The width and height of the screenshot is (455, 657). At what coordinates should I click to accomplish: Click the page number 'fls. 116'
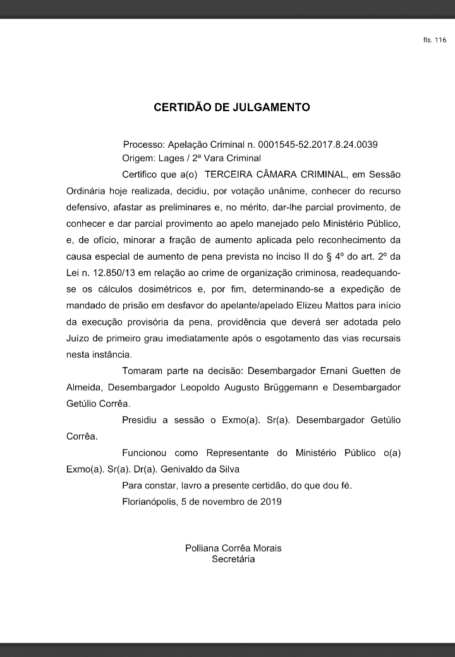point(435,40)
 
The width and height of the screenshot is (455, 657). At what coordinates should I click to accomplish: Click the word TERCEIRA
point(232,173)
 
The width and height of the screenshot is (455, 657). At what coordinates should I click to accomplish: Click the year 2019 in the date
point(269,502)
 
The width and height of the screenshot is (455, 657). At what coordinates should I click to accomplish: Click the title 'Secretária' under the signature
point(233,559)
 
